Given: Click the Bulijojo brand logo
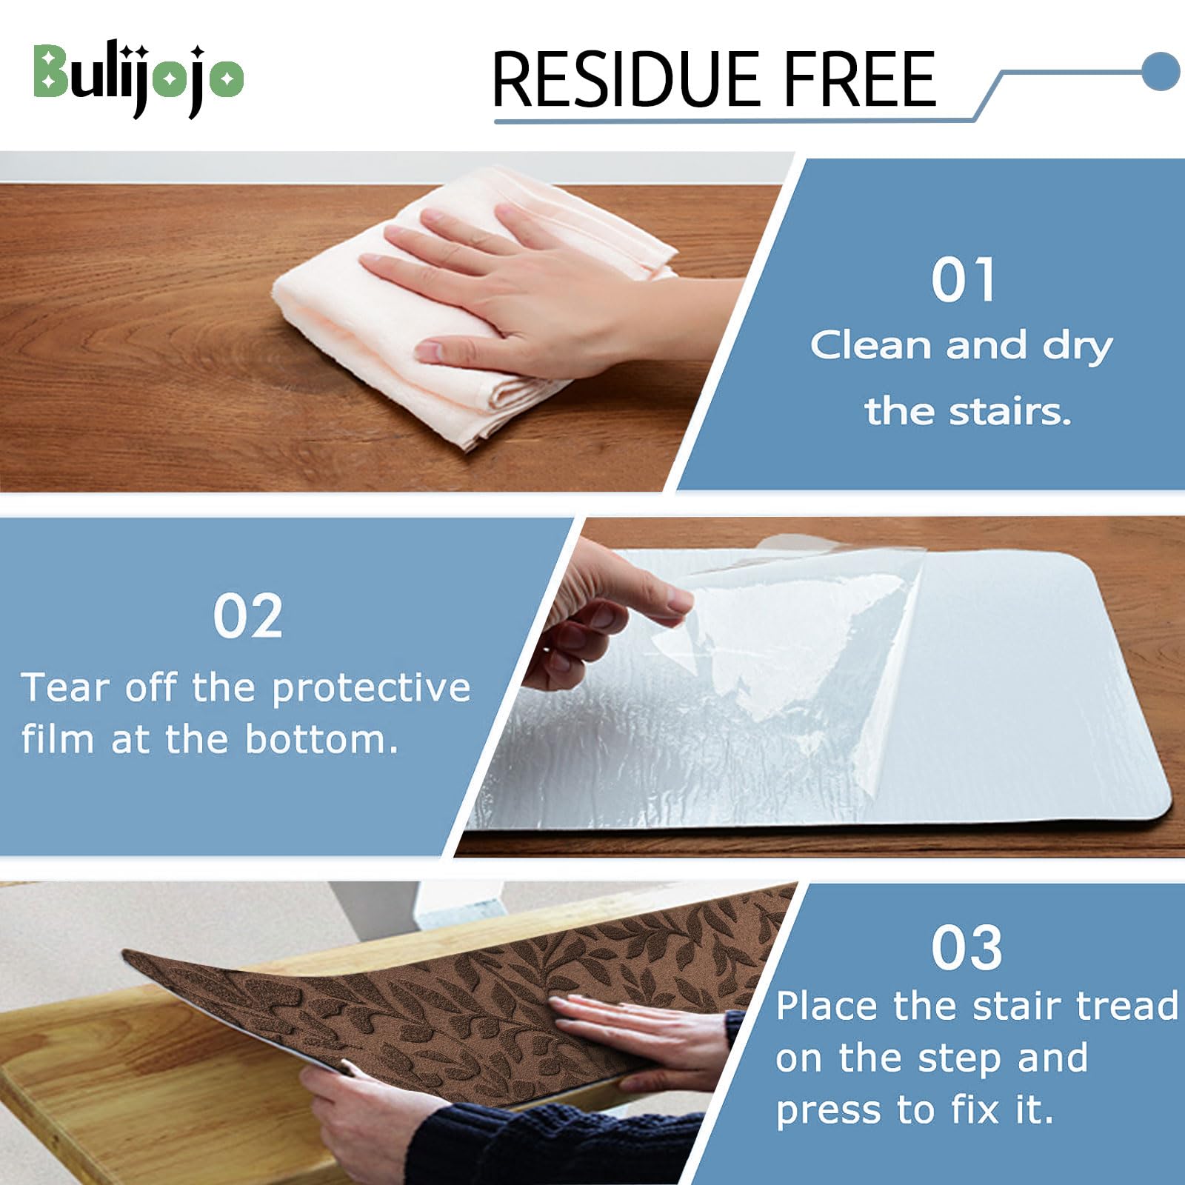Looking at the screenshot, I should (x=138, y=76).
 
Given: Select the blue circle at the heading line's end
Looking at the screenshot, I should (x=1160, y=71).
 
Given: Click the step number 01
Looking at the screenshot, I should (x=963, y=280).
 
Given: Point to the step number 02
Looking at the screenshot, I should (x=247, y=616).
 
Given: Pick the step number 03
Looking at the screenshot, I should (x=967, y=947).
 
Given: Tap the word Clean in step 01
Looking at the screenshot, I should (x=869, y=345).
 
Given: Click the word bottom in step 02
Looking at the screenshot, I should (x=321, y=739).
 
